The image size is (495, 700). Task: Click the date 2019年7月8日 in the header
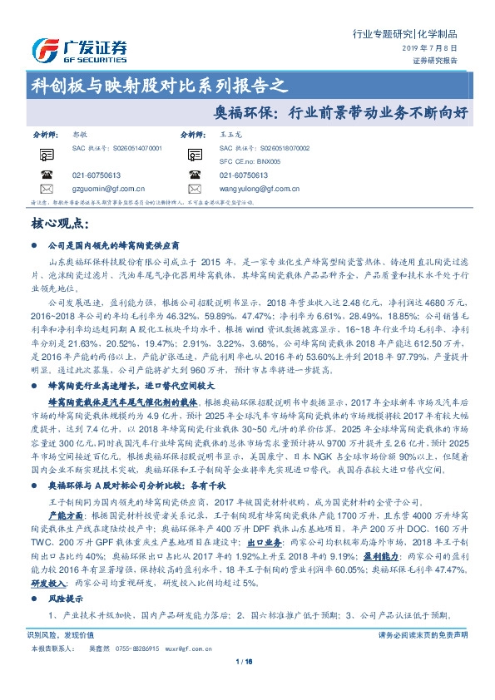436,50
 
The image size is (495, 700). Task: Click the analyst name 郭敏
80,134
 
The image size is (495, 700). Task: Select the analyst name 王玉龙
229,134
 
